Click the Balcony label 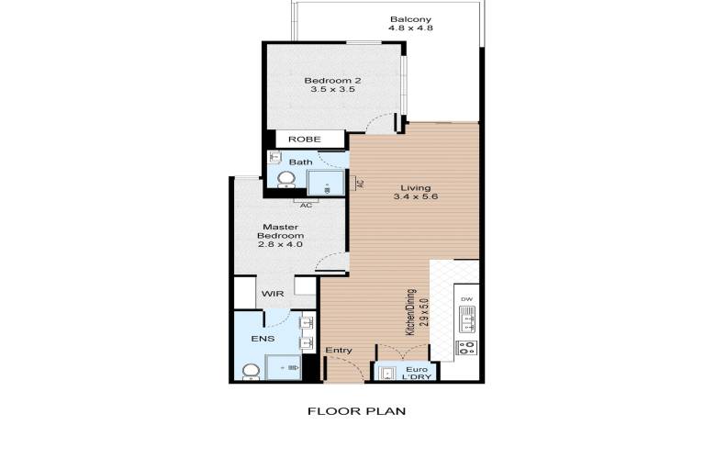[x=410, y=19]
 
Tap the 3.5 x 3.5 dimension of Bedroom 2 [x=332, y=89]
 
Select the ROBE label [x=305, y=140]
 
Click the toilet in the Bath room [x=285, y=179]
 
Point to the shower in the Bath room [x=326, y=183]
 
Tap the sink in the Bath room [x=274, y=157]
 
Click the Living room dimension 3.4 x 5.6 [x=416, y=196]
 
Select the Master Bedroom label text [x=281, y=231]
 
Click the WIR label [x=273, y=294]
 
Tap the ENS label [x=263, y=339]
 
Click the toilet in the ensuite [x=251, y=372]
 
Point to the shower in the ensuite [x=284, y=367]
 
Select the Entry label [x=339, y=350]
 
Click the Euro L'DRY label [x=418, y=374]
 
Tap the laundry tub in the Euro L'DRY [x=386, y=374]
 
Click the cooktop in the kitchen [x=466, y=347]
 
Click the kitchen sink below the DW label [x=466, y=319]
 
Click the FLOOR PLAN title [x=356, y=411]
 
